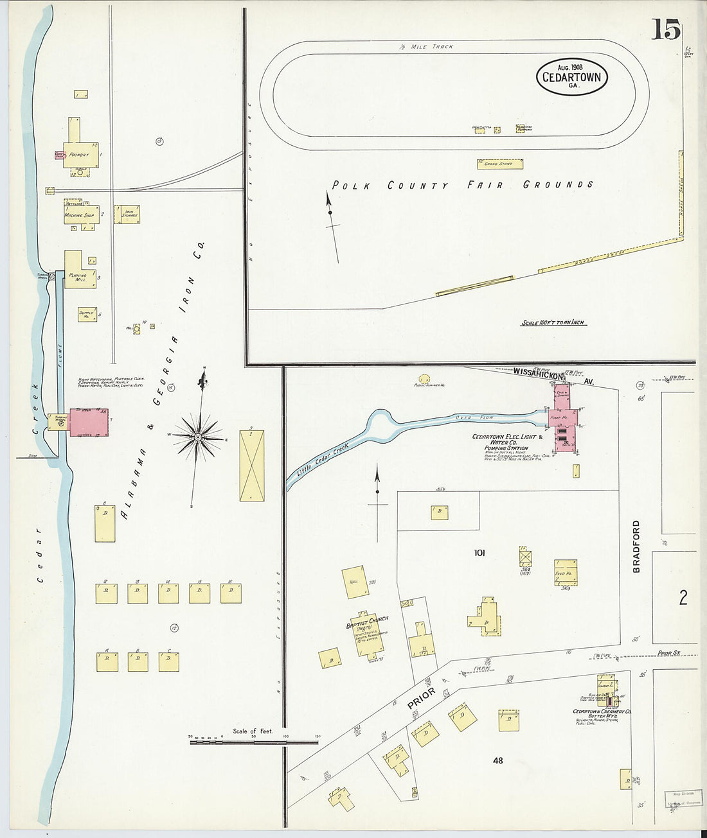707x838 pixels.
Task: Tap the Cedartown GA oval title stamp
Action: [x=571, y=77]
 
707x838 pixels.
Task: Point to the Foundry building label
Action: [x=79, y=155]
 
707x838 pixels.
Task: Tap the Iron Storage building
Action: [x=127, y=214]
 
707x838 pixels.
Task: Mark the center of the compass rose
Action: [x=199, y=437]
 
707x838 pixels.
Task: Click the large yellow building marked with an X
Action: [x=251, y=466]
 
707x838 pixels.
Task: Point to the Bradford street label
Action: [x=636, y=546]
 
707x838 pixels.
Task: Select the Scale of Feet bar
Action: [x=254, y=742]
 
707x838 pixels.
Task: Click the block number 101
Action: [x=479, y=552]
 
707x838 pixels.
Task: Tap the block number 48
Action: [x=497, y=760]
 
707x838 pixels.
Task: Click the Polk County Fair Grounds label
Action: [x=462, y=185]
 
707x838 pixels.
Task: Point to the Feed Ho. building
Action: [x=566, y=572]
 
